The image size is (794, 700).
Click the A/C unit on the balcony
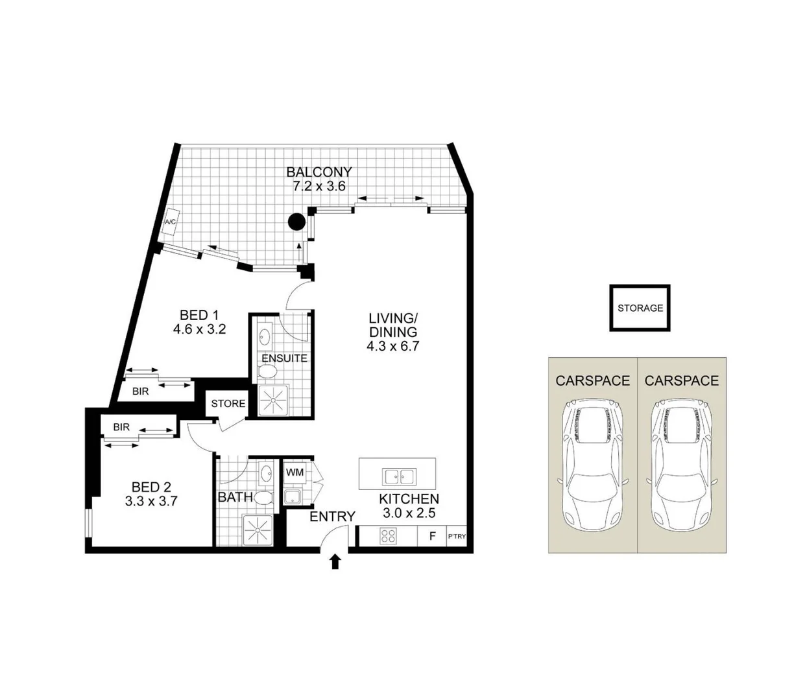click(x=171, y=222)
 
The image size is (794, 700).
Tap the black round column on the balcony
click(x=296, y=222)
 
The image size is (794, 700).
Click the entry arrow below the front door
click(x=335, y=561)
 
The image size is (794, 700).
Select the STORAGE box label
click(x=640, y=308)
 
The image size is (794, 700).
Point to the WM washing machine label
click(x=295, y=472)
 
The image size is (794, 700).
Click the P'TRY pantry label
click(x=457, y=537)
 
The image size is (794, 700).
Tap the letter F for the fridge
click(x=432, y=536)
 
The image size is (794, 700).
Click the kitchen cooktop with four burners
click(x=388, y=536)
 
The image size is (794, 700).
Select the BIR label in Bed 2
click(x=121, y=428)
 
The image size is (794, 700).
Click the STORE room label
click(x=228, y=404)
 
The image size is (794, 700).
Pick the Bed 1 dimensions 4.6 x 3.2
click(x=198, y=329)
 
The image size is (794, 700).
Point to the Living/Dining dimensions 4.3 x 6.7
click(x=393, y=346)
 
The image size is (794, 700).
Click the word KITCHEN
click(x=409, y=499)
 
